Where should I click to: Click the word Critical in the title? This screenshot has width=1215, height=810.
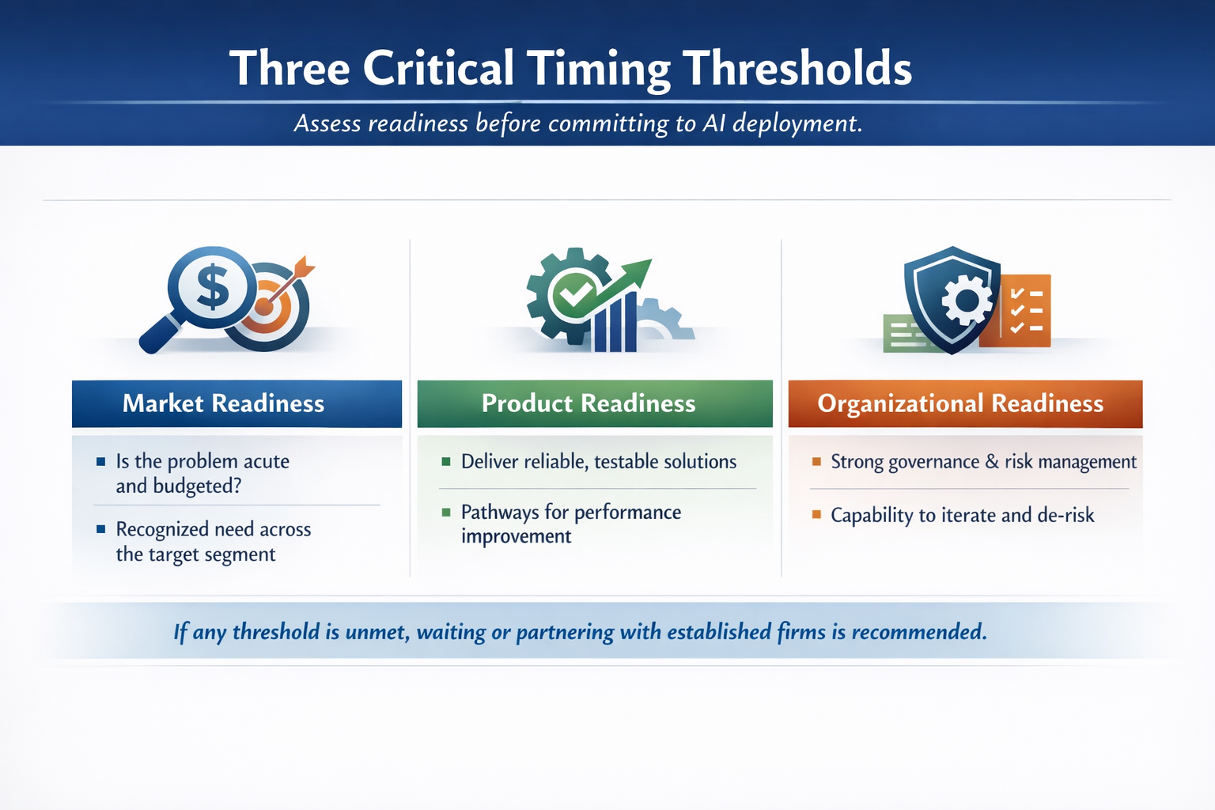click(x=438, y=68)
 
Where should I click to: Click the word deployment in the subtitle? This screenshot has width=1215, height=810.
click(x=797, y=124)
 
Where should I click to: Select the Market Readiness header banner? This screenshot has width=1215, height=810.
click(x=237, y=403)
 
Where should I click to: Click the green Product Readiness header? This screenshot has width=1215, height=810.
click(x=595, y=403)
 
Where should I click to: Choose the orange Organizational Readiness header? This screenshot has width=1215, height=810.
click(x=966, y=403)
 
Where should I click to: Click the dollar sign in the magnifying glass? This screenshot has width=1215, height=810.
click(x=213, y=286)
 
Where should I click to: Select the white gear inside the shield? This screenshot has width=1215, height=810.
click(x=967, y=300)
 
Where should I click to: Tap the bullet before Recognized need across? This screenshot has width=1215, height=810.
click(x=101, y=529)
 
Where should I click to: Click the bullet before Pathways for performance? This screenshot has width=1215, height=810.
click(x=446, y=512)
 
